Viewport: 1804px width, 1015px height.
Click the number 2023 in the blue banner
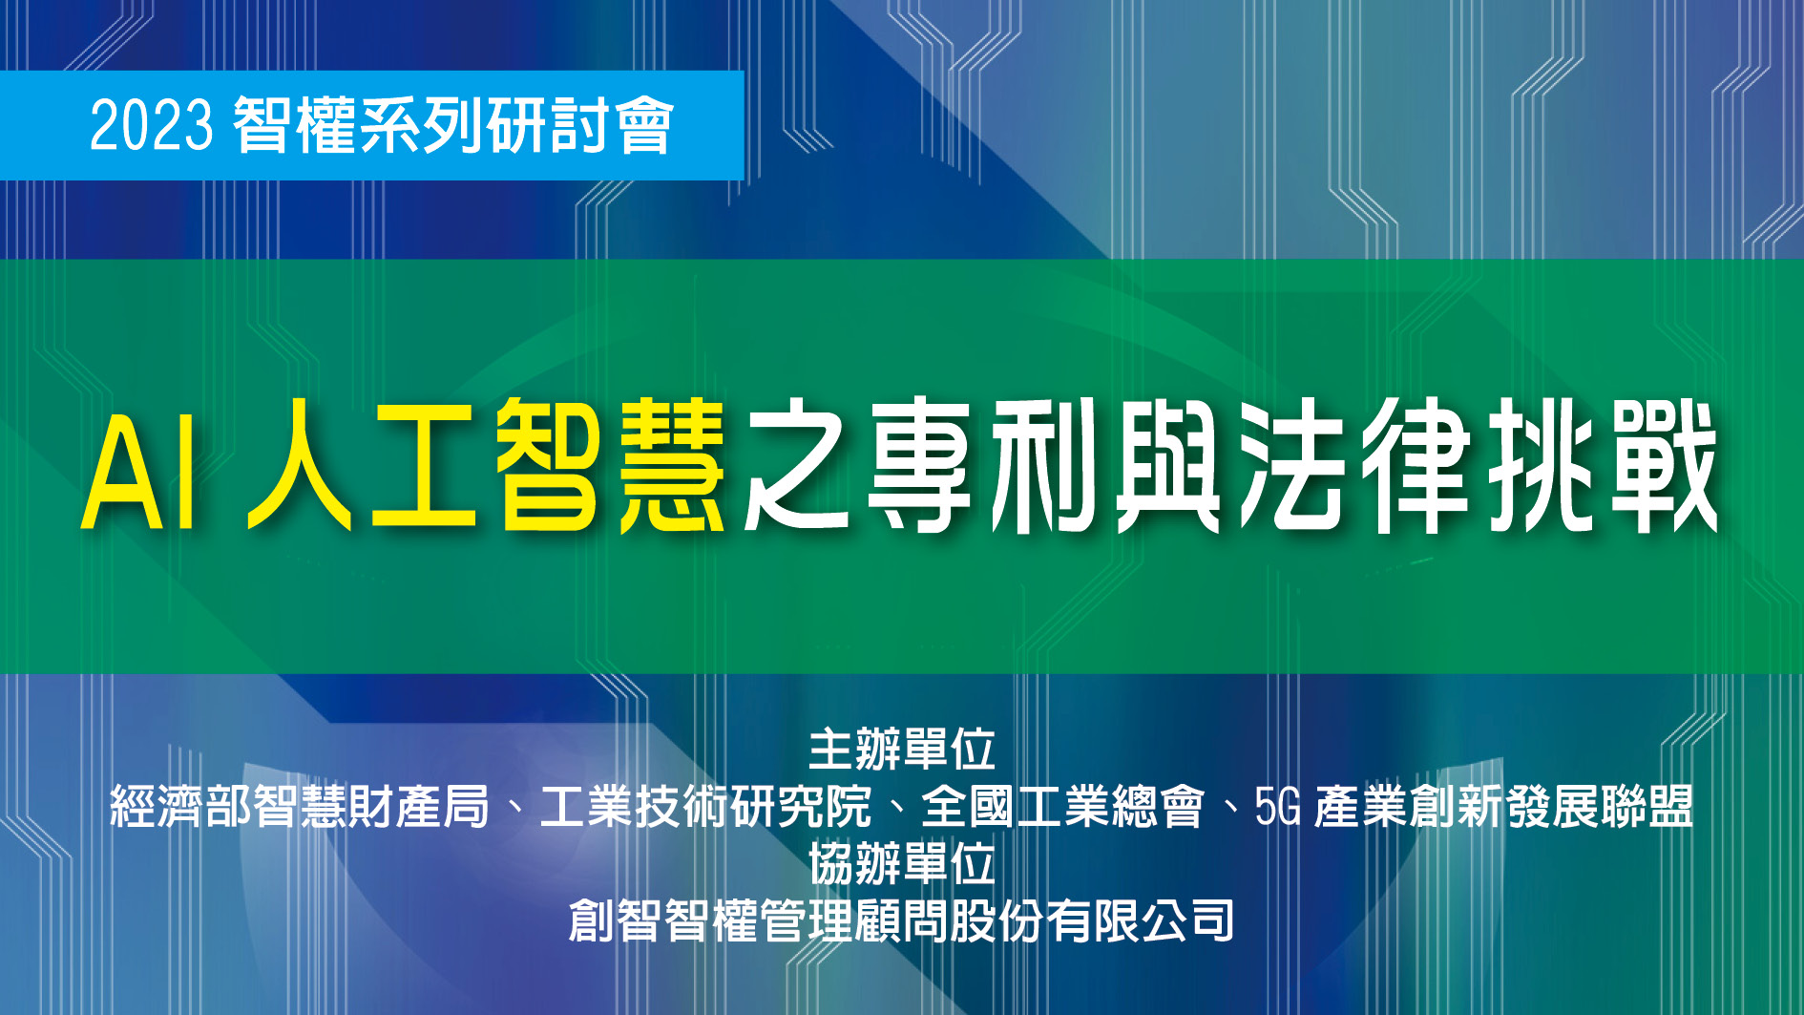point(151,125)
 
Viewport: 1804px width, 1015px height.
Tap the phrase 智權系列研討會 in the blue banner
point(453,125)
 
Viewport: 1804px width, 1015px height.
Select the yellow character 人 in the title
point(299,467)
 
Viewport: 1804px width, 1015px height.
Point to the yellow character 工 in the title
point(423,467)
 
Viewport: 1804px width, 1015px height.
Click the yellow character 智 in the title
point(548,467)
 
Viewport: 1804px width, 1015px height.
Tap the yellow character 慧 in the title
point(672,467)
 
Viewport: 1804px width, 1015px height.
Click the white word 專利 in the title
point(983,467)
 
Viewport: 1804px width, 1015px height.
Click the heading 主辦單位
point(901,750)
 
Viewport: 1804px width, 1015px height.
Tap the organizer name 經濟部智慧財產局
point(300,807)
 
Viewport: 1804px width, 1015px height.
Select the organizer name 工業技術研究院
point(705,807)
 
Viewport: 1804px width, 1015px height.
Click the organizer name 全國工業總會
point(1062,807)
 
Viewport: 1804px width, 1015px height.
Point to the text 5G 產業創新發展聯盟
point(1473,807)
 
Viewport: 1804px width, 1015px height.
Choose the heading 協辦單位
point(901,864)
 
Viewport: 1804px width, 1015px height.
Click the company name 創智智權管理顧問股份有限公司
point(901,920)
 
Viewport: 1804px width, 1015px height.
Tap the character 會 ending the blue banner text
point(645,125)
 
